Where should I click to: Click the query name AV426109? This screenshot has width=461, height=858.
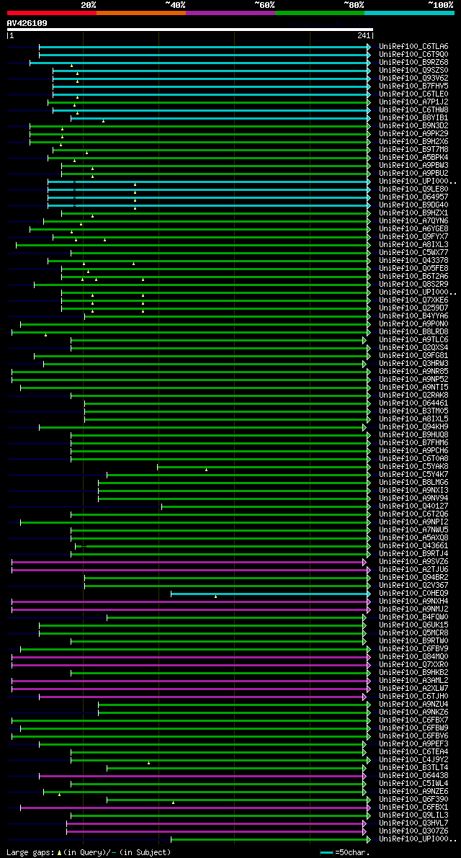(27, 23)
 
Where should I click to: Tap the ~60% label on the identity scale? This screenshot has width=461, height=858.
(264, 4)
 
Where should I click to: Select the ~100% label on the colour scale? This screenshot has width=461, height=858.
(441, 4)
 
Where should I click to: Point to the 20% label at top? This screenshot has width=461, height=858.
(89, 4)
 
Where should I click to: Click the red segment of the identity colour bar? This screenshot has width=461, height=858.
(51, 12)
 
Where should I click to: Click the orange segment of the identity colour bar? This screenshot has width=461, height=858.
(140, 12)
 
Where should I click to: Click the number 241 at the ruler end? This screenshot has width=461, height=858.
(363, 35)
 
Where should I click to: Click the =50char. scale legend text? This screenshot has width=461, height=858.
(352, 852)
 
